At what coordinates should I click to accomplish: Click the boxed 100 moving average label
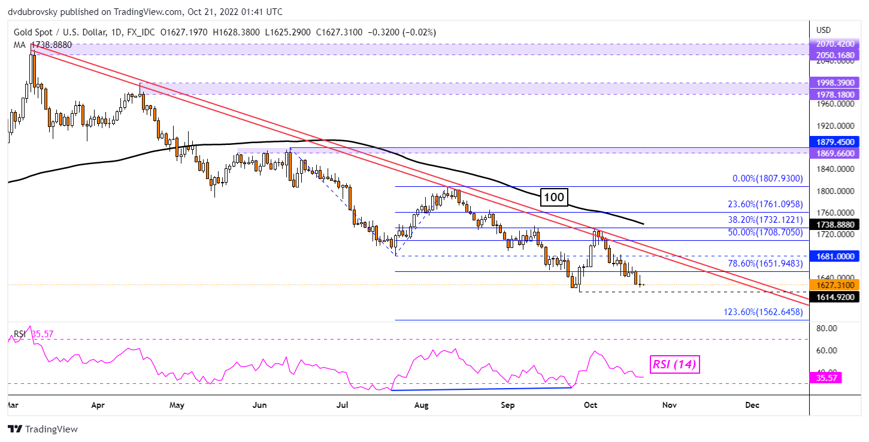[x=554, y=196]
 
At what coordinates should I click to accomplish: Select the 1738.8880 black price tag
[x=836, y=225]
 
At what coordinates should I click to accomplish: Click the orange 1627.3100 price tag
[x=836, y=285]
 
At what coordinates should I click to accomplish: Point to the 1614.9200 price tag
[x=836, y=296]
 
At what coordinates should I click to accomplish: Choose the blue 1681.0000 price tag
[x=836, y=256]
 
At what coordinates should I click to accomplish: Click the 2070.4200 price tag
[x=836, y=44]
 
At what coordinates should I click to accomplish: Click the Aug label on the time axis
[x=421, y=405]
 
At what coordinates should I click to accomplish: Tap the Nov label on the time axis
[x=669, y=405]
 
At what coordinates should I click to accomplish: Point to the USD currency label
[x=823, y=30]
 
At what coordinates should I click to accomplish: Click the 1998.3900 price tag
[x=836, y=84]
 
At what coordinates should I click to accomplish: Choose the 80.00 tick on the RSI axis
[x=827, y=328]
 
